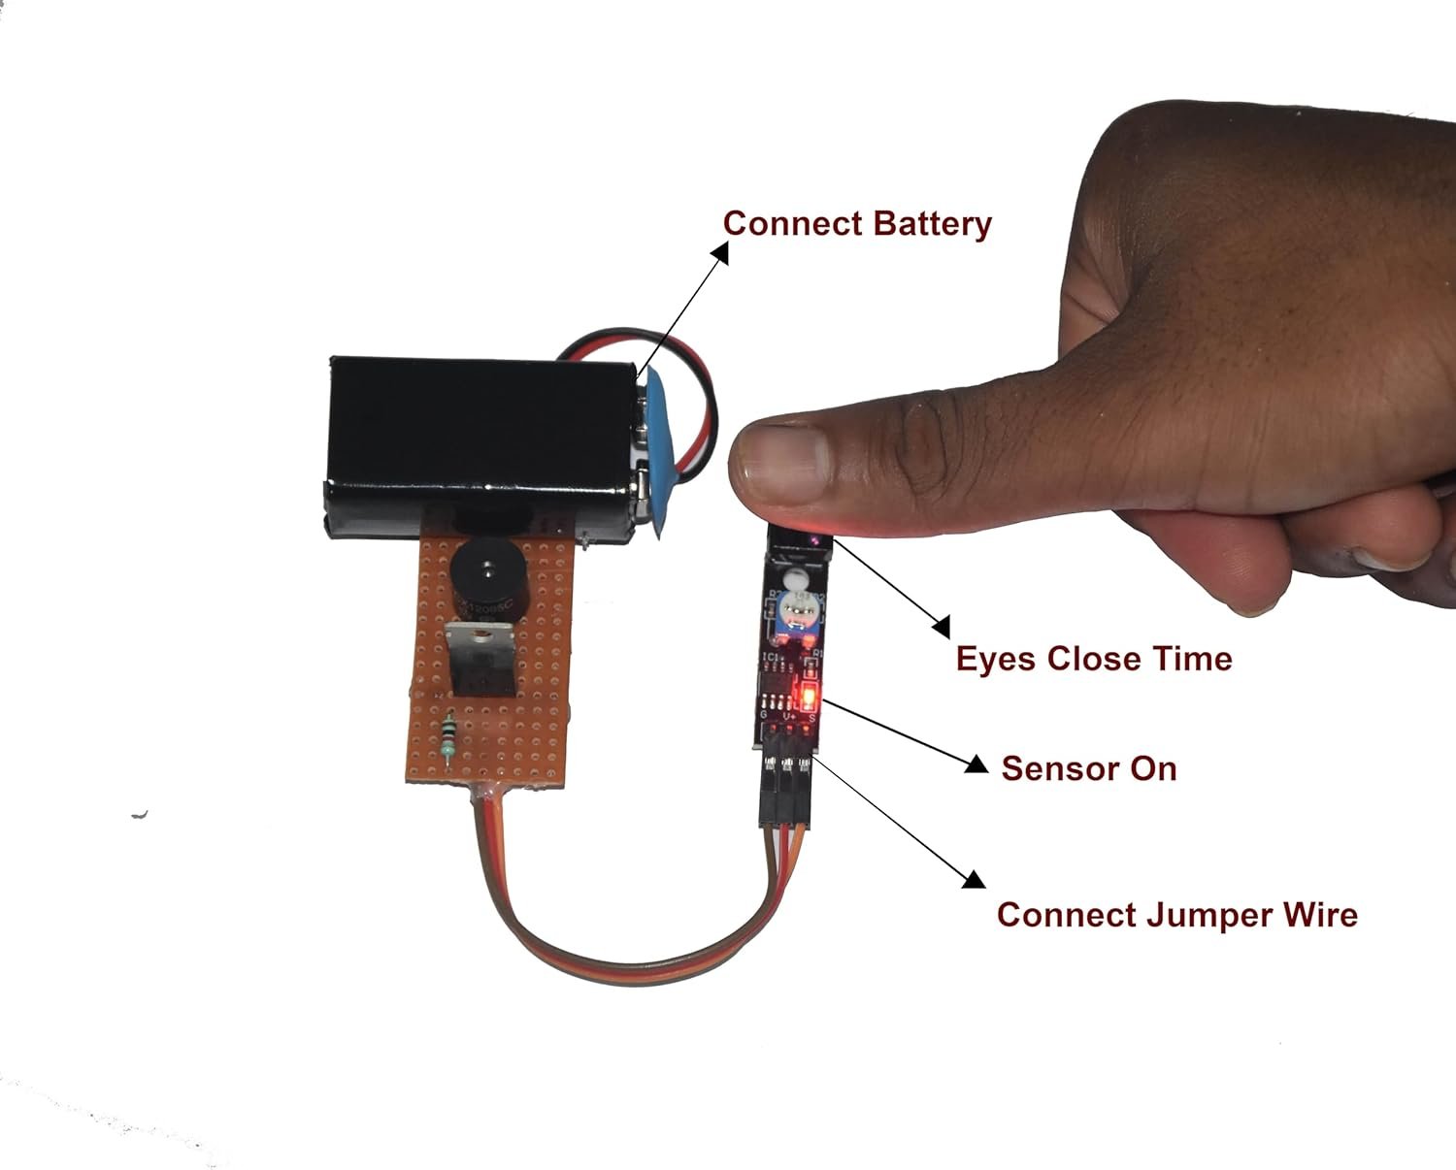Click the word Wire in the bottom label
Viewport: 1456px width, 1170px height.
[1320, 914]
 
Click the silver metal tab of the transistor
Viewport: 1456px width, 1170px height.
[480, 637]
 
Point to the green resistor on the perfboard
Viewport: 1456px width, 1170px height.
[447, 734]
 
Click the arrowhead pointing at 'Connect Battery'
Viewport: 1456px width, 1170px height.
[719, 252]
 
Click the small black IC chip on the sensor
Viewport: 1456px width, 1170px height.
[776, 699]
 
